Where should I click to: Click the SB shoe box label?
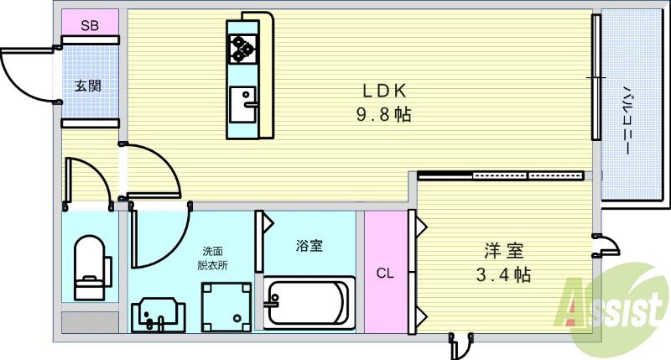coord(89,26)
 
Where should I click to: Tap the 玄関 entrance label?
coord(87,85)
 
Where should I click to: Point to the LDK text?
coord(384,90)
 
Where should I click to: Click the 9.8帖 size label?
coord(384,115)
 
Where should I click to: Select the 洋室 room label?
coord(504,250)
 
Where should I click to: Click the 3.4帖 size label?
coord(504,274)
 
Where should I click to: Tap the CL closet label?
coord(384,273)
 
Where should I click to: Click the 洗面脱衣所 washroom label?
coord(213,258)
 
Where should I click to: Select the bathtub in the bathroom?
coord(307,301)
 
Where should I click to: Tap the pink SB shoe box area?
coord(90,25)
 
